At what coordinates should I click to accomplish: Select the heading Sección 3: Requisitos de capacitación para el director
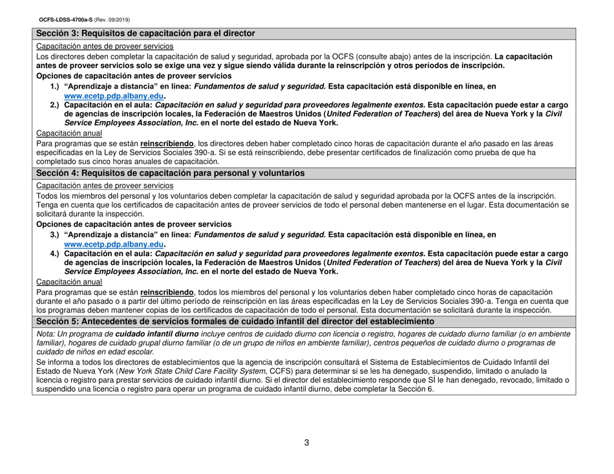tap(145, 33)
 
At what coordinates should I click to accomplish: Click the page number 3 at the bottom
tap(307, 442)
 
